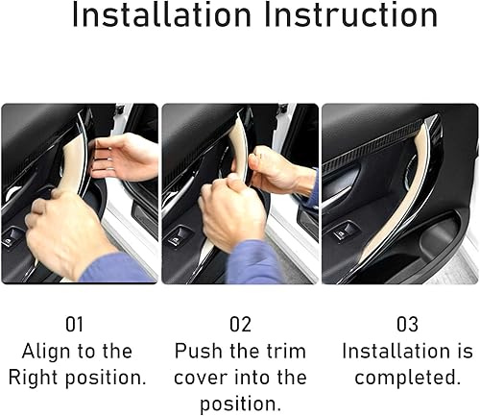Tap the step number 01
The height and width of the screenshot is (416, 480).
click(77, 325)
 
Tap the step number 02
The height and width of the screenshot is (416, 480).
click(239, 325)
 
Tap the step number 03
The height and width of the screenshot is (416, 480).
click(400, 325)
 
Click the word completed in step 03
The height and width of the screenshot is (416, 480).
click(400, 377)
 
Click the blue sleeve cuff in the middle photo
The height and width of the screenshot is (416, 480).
click(253, 261)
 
